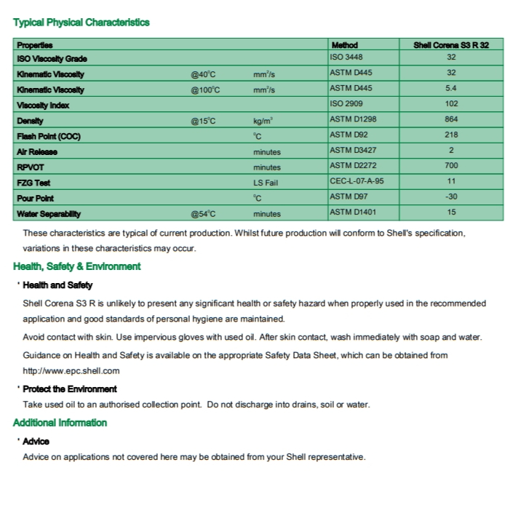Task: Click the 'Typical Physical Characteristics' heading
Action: [x=81, y=23]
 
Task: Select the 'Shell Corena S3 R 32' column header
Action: [x=451, y=45]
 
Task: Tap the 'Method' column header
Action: [x=344, y=45]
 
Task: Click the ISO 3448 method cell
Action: [x=346, y=57]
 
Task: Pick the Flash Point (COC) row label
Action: [x=49, y=136]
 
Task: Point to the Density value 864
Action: [x=451, y=119]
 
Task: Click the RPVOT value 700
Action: [x=451, y=166]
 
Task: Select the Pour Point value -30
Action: [x=451, y=197]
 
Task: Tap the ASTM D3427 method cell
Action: [x=353, y=151]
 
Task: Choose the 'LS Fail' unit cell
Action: [x=266, y=183]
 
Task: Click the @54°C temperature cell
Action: [x=204, y=214]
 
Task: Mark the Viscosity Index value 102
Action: [x=451, y=104]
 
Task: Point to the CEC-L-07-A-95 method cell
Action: [x=357, y=182]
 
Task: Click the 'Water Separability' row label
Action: [x=49, y=214]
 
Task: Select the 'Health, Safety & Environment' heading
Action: [x=77, y=266]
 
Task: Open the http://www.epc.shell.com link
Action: [x=71, y=370]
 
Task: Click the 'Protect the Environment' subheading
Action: [x=70, y=389]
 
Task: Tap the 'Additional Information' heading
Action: [x=60, y=423]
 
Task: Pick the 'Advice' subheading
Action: [x=36, y=442]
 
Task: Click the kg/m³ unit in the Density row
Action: [x=263, y=121]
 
